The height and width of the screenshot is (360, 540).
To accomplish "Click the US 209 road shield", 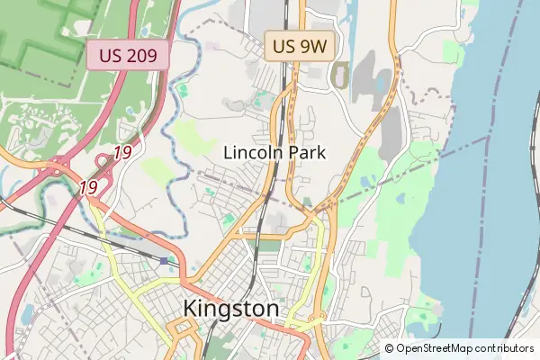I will (128, 56).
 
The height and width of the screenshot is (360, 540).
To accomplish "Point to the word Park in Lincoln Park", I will (307, 153).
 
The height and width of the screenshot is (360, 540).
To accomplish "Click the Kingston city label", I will (231, 309).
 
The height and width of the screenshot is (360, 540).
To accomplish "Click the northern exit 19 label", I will (122, 153).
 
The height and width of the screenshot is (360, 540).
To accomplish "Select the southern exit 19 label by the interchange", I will (88, 187).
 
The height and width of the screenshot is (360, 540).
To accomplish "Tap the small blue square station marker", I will (164, 261).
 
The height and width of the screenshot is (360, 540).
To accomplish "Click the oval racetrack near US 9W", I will (340, 75).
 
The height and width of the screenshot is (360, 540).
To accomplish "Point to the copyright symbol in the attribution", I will (390, 348).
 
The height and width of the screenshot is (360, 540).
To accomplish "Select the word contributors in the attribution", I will (505, 348).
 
